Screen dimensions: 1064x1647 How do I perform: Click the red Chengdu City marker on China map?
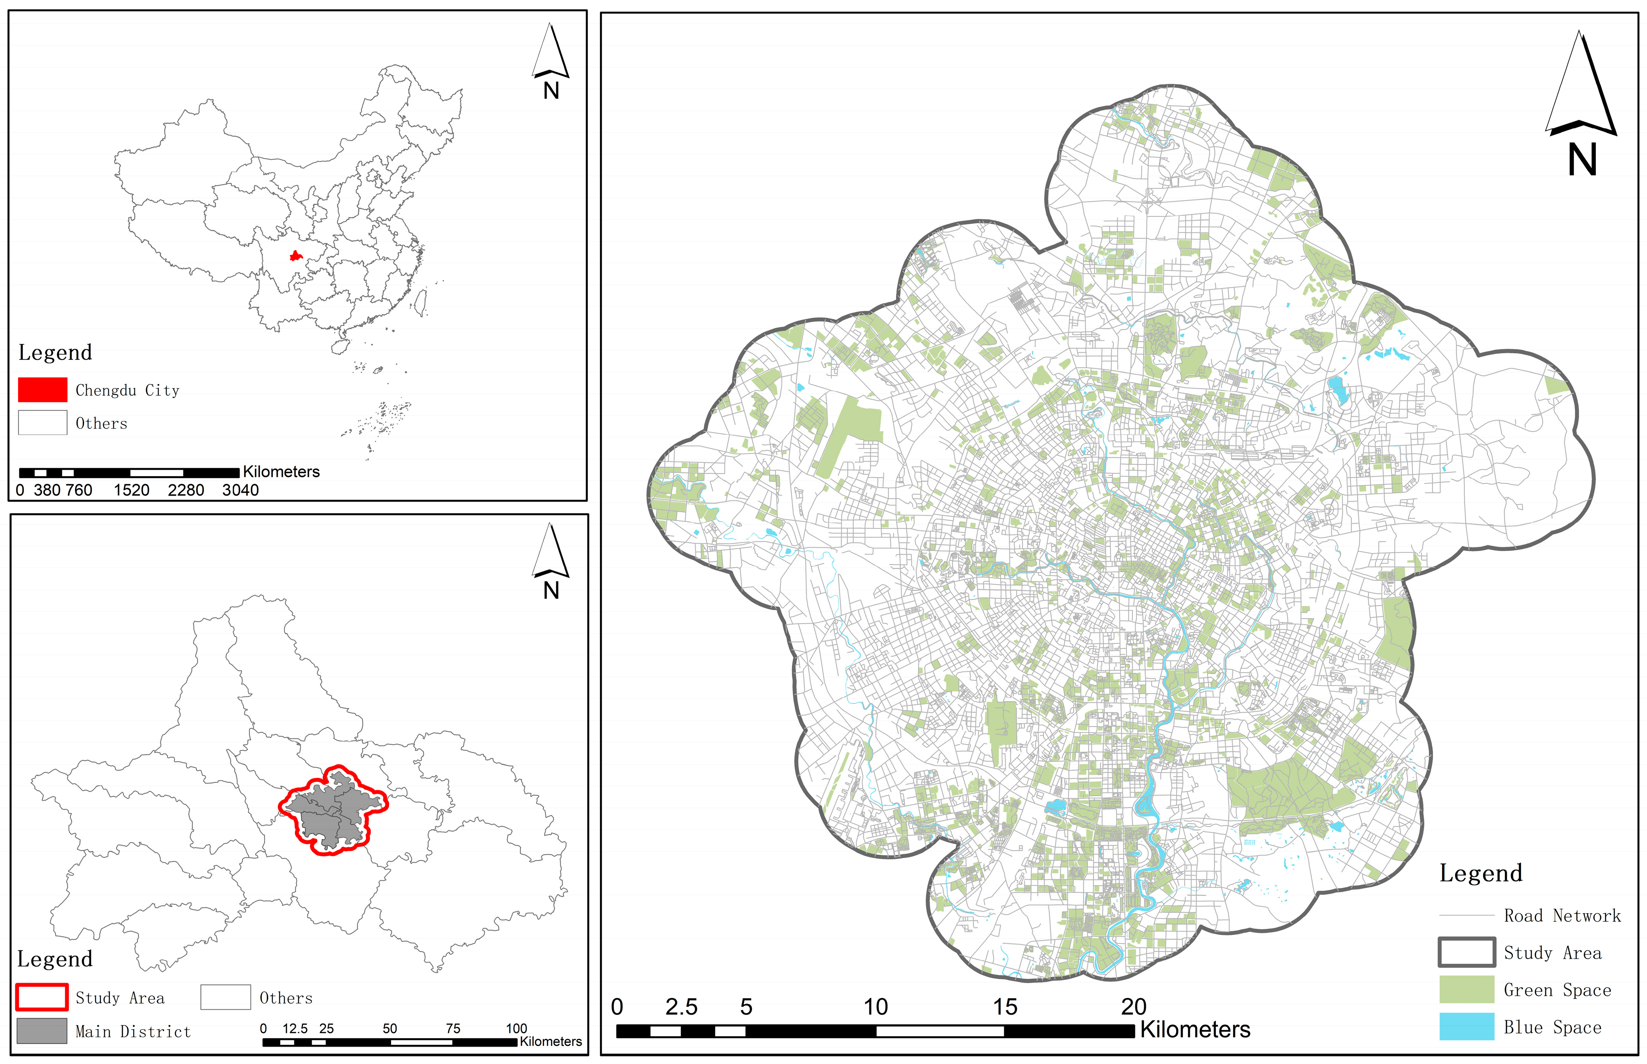click(295, 256)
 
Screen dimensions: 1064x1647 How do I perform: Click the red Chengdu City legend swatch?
click(42, 390)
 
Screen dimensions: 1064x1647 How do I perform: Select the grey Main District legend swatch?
click(42, 1031)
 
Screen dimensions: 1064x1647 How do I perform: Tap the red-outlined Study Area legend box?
click(42, 997)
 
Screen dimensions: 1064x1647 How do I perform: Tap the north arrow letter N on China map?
click(551, 91)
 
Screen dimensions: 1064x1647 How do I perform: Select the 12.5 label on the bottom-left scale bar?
click(295, 1029)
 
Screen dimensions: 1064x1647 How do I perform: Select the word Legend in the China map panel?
click(55, 352)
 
